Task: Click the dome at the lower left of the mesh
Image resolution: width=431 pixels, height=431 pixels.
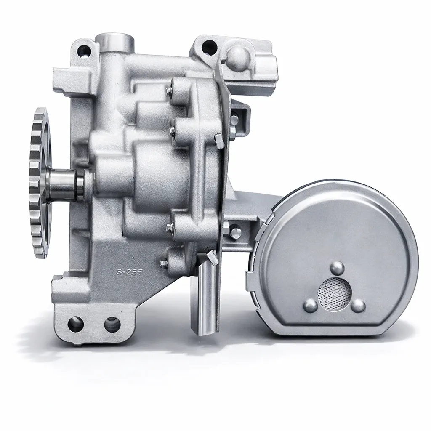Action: (x=310, y=306)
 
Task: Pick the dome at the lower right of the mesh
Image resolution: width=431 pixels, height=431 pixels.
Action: (x=358, y=306)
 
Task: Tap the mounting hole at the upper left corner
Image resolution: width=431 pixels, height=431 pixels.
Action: (x=84, y=51)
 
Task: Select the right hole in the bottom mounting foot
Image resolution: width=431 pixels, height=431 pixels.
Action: (x=112, y=325)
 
